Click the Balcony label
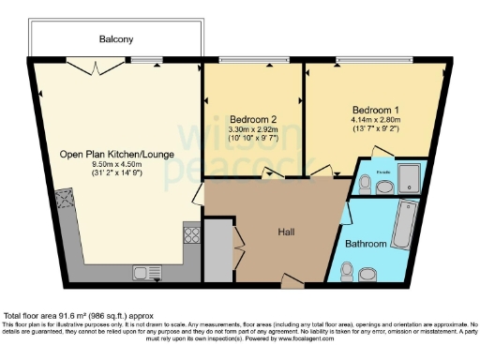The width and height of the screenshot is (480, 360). click(x=117, y=39)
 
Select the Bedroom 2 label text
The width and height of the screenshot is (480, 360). click(x=254, y=119)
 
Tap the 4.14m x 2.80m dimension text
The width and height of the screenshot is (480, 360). click(x=376, y=120)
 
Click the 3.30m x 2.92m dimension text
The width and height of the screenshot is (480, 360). click(x=254, y=131)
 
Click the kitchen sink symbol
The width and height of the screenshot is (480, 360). click(x=147, y=272)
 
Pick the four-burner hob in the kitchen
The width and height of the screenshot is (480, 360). click(x=191, y=233)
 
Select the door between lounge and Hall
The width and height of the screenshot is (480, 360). click(x=198, y=194)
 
